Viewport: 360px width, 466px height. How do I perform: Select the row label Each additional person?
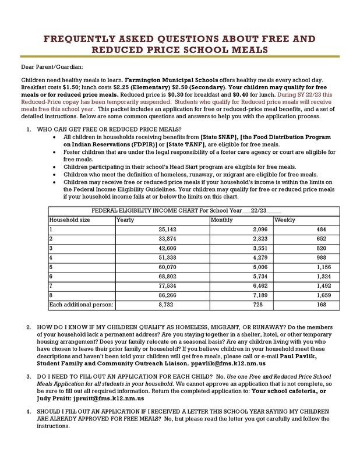point(81,305)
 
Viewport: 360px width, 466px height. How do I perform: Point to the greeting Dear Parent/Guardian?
point(52,68)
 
